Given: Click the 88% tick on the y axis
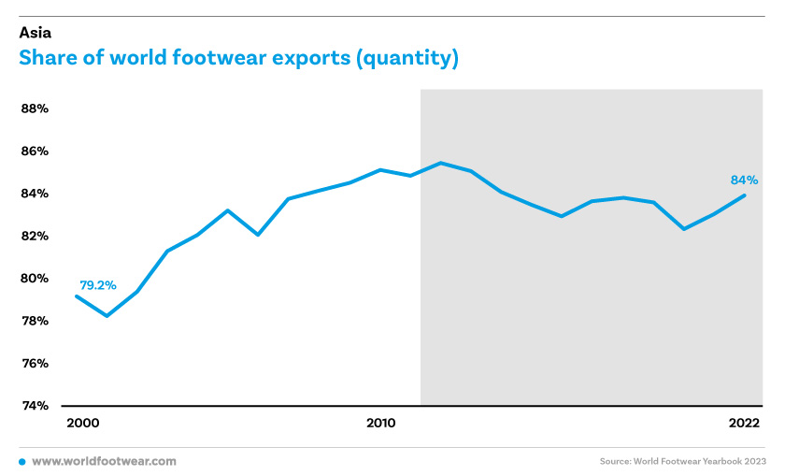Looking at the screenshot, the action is (35, 108).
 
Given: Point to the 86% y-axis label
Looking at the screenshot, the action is (35, 151).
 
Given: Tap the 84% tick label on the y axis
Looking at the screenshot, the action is (35, 194).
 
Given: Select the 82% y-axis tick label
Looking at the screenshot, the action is (35, 236).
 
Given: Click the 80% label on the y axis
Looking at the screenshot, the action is (35, 278).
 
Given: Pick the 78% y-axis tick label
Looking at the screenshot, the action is (35, 321).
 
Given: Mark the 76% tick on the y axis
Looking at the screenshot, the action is (35, 363).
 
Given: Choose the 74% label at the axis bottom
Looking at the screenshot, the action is (35, 405).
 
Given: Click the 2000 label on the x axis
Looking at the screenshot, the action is (83, 423).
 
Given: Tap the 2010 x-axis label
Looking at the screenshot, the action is (381, 423).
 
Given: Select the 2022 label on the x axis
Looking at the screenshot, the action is (745, 423).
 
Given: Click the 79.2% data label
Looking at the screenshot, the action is (98, 285).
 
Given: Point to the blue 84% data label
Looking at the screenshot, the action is (745, 180).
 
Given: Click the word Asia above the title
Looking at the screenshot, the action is (36, 33).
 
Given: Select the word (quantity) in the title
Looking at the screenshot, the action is (407, 59).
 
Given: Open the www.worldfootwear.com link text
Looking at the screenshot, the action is (104, 461).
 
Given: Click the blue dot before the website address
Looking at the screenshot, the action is (22, 462).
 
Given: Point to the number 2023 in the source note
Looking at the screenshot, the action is (754, 461).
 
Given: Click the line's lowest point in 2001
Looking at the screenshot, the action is (107, 316).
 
